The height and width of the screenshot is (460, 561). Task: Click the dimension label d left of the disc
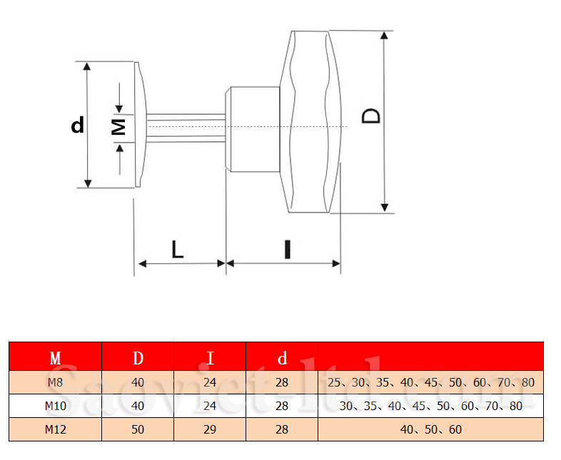point(78,126)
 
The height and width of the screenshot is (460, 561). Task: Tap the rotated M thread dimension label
point(118,127)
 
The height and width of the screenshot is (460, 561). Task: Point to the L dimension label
point(178,249)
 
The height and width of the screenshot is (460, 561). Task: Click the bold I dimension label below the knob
point(287,249)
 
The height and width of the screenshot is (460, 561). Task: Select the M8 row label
point(55,382)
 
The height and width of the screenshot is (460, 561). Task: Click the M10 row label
point(55,406)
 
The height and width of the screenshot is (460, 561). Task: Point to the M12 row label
point(55,429)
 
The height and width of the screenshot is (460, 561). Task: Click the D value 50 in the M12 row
point(138,429)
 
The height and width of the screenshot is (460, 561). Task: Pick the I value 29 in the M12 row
point(210,429)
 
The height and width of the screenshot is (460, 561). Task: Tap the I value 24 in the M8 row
point(210,382)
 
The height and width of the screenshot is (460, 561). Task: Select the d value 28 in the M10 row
point(282,406)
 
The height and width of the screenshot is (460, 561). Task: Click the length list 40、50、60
point(430,429)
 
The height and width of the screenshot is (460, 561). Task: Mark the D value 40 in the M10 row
point(138,406)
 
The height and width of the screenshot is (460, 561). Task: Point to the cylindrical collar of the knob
point(253,128)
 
